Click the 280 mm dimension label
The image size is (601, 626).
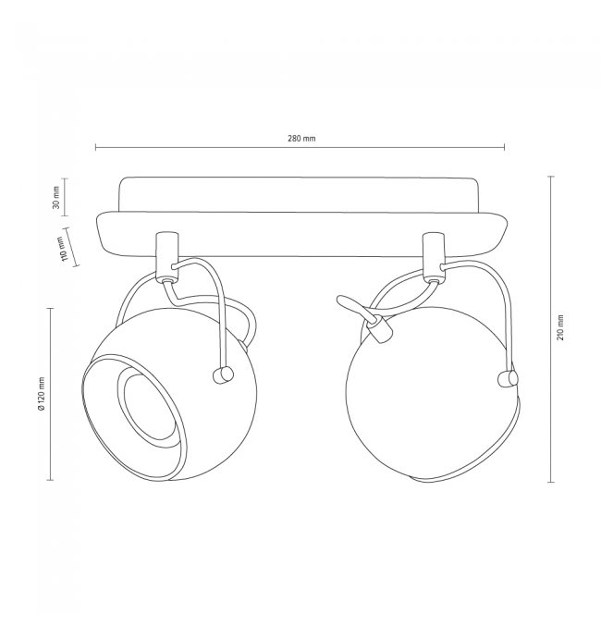[301, 139]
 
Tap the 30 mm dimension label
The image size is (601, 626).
[55, 197]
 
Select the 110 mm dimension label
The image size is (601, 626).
[62, 249]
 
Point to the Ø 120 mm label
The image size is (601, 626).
[41, 394]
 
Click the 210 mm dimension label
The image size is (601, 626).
[560, 327]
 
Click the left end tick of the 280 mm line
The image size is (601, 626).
[96, 147]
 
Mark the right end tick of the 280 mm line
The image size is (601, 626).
[504, 147]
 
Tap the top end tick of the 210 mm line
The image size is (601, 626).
[551, 176]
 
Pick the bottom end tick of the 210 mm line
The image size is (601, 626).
[551, 482]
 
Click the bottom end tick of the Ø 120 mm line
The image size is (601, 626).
[50, 480]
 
